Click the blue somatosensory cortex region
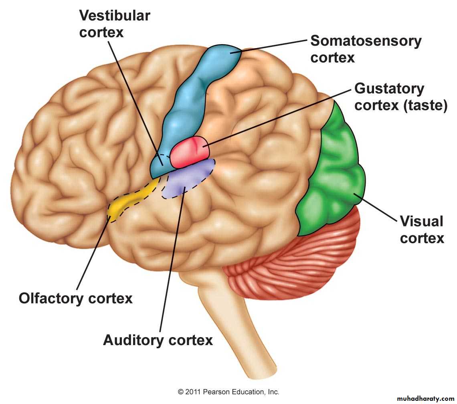188,100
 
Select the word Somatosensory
366,41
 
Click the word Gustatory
389,89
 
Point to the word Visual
421,221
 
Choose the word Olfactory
52,299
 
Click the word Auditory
133,340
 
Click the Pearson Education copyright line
228,392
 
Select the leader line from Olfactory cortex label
92,252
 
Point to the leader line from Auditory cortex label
170,261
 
